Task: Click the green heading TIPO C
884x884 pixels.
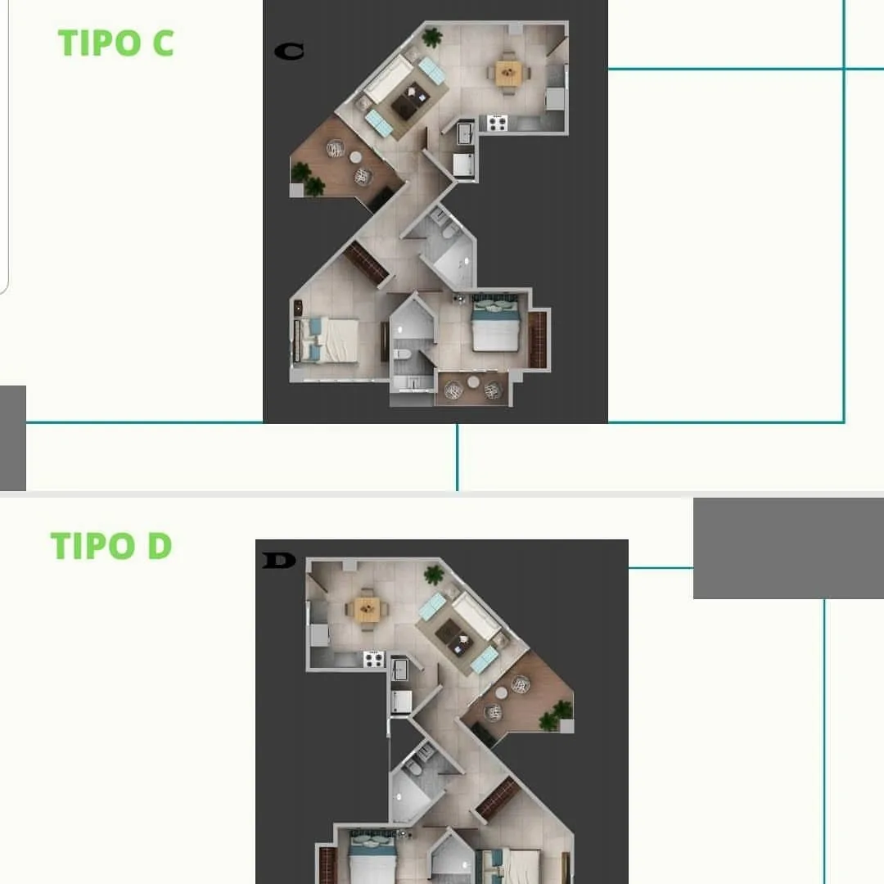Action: pyautogui.click(x=115, y=43)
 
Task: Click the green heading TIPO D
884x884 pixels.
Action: pyautogui.click(x=111, y=546)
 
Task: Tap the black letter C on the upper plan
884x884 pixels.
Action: pyautogui.click(x=289, y=52)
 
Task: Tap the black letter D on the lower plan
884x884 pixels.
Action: pyautogui.click(x=279, y=561)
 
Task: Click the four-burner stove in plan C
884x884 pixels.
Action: pyautogui.click(x=498, y=123)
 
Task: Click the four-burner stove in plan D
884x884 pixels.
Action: pyautogui.click(x=373, y=659)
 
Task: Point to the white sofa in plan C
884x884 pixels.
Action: pyautogui.click(x=388, y=79)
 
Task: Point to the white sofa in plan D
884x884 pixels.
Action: pyautogui.click(x=476, y=616)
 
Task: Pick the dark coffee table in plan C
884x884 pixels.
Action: pyautogui.click(x=410, y=101)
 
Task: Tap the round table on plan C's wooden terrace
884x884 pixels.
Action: pyautogui.click(x=355, y=157)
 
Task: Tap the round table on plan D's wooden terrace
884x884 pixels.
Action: pyautogui.click(x=501, y=693)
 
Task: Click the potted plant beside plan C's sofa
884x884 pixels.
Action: pyautogui.click(x=432, y=38)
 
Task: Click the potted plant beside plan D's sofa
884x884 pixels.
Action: pyautogui.click(x=434, y=575)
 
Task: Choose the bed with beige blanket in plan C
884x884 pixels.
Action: pyautogui.click(x=327, y=340)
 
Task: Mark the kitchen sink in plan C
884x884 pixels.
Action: pyautogui.click(x=466, y=133)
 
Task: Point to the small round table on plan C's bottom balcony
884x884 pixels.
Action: pyautogui.click(x=474, y=382)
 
